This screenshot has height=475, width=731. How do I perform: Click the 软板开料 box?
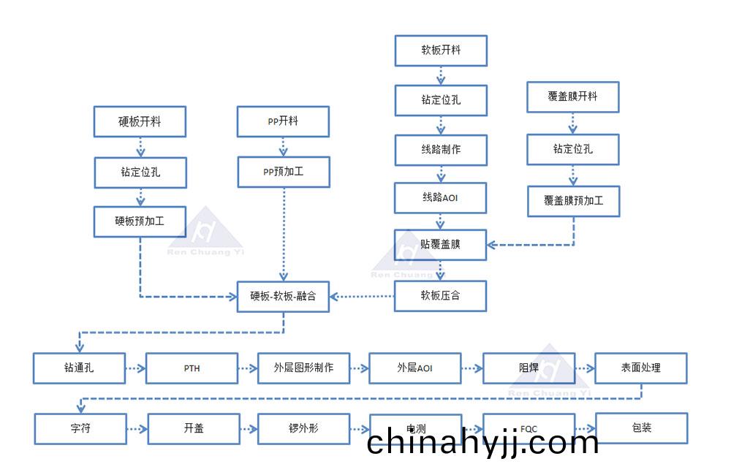pos(441,51)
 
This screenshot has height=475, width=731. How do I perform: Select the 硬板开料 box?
pos(140,122)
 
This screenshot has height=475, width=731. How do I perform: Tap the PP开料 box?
pos(283,122)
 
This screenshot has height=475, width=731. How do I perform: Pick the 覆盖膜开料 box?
pos(573,96)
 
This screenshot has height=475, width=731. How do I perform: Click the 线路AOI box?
pos(441,198)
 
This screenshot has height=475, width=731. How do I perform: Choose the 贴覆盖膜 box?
pos(441,245)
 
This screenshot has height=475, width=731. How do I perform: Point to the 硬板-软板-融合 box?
pos(283,297)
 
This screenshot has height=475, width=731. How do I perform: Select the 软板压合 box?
pos(441,297)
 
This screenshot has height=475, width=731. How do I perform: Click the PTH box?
pos(192,368)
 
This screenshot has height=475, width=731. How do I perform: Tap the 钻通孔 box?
pos(79,368)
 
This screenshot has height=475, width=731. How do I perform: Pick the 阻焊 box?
pos(529,368)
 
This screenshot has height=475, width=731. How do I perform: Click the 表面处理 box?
pos(641,368)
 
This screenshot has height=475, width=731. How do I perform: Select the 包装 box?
pos(641,428)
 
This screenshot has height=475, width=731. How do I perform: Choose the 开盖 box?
pos(194,429)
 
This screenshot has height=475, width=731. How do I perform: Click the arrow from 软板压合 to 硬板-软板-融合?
pos(362,297)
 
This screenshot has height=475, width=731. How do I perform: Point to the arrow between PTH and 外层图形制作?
pos(248,368)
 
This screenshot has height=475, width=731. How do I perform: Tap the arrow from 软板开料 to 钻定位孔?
pos(441,76)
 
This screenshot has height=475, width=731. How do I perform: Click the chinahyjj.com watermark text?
pos(482,443)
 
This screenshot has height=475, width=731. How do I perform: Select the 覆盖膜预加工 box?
pos(573,201)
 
